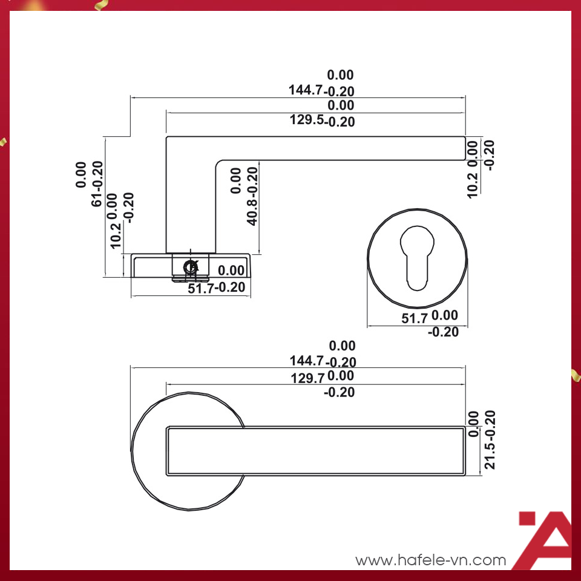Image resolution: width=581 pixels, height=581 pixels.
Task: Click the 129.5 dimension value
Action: pos(307,120)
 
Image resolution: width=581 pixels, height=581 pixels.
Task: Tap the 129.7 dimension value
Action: pos(307,378)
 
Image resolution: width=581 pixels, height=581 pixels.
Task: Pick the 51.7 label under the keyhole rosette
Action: pos(415,318)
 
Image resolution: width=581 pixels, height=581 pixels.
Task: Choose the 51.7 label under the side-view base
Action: pos(201,288)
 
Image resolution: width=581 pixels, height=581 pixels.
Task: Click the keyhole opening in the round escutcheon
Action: pos(417,258)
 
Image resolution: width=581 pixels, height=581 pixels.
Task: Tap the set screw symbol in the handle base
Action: pos(191,267)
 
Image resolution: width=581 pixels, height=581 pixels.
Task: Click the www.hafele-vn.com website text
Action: pos(430,560)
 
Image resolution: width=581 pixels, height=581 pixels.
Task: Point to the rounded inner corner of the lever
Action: pos(220,164)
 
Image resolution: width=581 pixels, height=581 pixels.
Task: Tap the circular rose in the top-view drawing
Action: pos(188,451)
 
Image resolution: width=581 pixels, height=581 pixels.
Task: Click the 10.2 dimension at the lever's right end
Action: pos(473,186)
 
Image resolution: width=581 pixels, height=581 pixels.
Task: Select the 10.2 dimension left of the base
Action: pos(115,235)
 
